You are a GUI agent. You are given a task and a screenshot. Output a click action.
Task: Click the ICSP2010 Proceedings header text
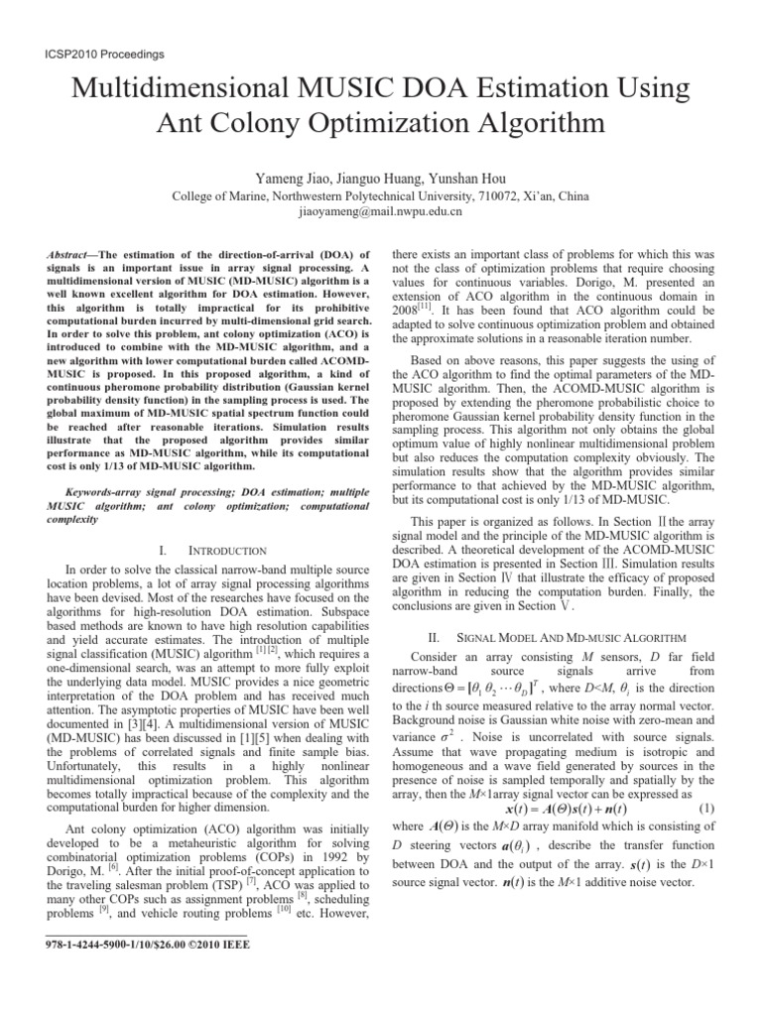92,54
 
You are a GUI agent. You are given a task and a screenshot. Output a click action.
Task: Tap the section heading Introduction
226,550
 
